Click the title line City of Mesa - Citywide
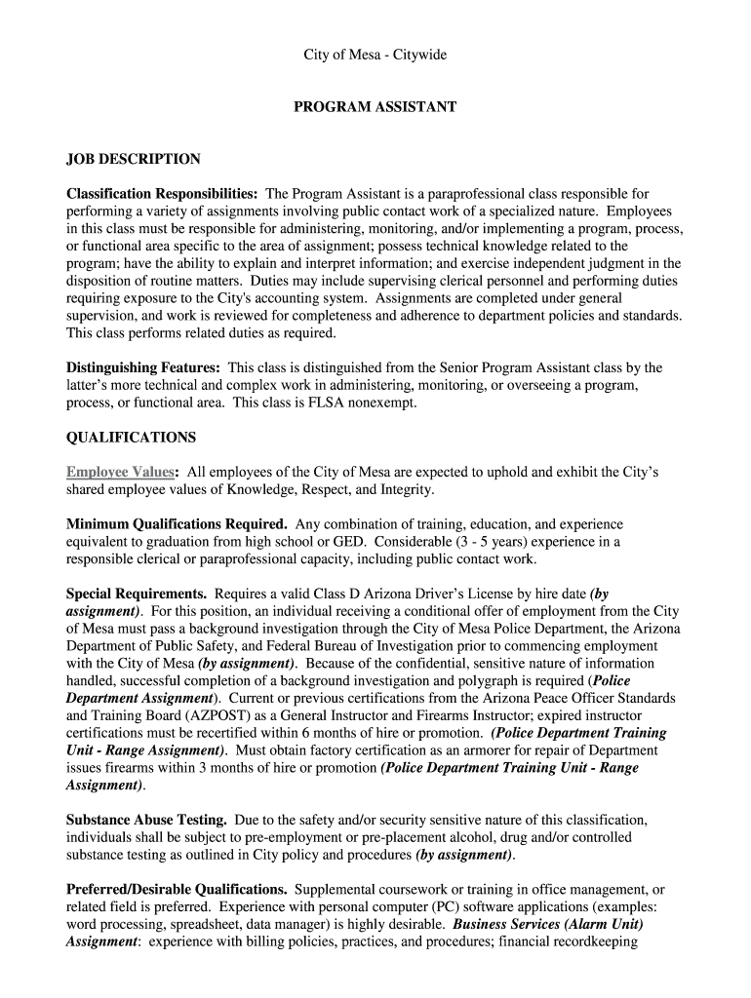[x=375, y=56]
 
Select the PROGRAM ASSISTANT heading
[x=375, y=107]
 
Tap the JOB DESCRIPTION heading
[x=134, y=159]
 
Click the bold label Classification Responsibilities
[x=162, y=194]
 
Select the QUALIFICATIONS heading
[x=131, y=438]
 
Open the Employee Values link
[x=120, y=473]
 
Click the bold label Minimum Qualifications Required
[x=177, y=524]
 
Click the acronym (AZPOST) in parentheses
[x=186, y=716]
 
